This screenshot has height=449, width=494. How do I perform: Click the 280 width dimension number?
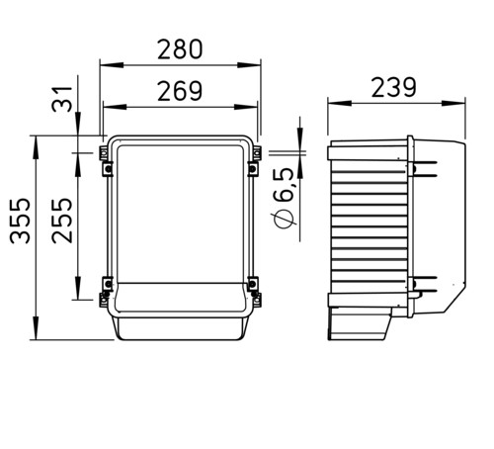click(x=180, y=49)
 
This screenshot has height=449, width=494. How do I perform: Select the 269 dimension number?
click(x=180, y=91)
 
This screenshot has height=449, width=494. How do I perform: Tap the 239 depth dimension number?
click(x=394, y=87)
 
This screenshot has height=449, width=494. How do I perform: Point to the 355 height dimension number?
click(x=21, y=221)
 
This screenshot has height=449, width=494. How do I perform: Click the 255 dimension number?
click(x=62, y=221)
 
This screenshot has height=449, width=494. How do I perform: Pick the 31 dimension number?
click(x=62, y=99)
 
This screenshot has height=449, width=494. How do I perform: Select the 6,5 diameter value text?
click(x=283, y=185)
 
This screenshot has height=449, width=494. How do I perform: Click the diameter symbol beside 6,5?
click(x=283, y=220)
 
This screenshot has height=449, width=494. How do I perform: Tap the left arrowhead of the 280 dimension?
click(x=112, y=65)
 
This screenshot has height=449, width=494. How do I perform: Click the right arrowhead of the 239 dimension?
click(x=453, y=103)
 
